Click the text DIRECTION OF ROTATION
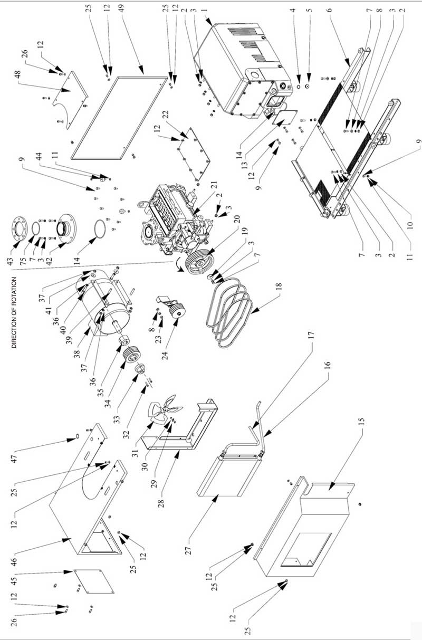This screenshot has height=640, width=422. pos(14,312)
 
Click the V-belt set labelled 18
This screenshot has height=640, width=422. pos(232,317)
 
